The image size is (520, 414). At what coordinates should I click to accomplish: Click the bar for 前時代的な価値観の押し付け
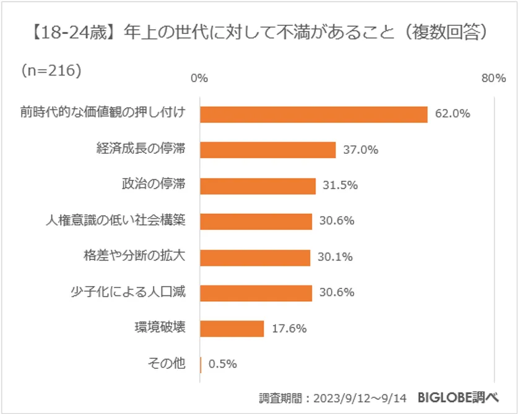pos(314,114)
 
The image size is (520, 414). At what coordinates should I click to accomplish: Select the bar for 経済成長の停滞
pos(268,150)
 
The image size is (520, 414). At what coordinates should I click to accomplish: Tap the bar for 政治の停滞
pos(258,185)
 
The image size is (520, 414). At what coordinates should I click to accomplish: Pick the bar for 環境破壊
pos(232,328)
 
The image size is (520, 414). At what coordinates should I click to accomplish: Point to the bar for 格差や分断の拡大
pos(255,257)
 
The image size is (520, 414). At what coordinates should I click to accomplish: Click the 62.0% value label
pos(453,114)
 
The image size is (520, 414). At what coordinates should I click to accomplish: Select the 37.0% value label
pos(360,150)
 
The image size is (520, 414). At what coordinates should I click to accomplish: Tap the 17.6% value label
pos(289,329)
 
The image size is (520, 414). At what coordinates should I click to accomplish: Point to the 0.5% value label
pos(223,364)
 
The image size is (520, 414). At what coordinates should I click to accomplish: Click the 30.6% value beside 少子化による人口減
pos(337,293)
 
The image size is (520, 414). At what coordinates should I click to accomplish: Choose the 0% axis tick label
pos(199,78)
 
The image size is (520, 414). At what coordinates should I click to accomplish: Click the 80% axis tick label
pos(493,78)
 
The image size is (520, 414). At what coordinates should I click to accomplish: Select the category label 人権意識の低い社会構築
pos(116,221)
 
